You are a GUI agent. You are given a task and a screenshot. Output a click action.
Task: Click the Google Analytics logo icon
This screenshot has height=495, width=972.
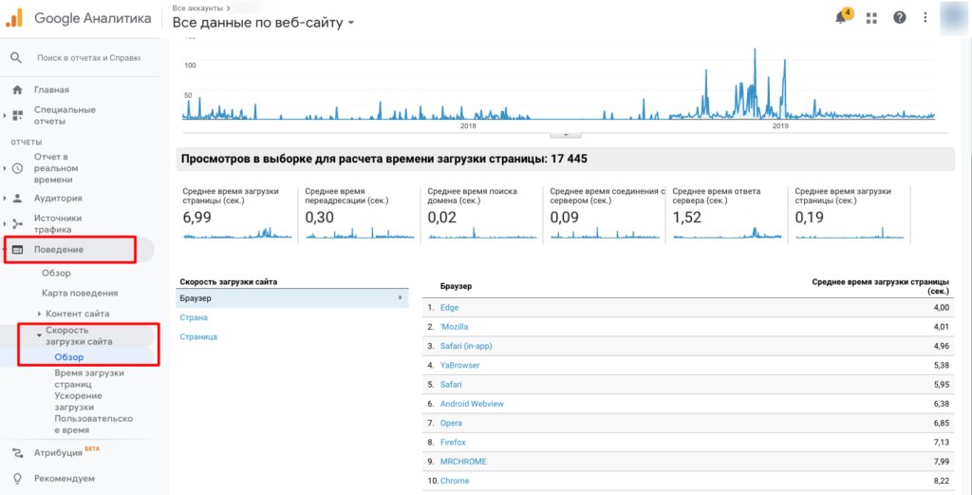tap(15, 17)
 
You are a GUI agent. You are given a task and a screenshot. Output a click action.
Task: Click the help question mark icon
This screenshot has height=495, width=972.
tap(899, 17)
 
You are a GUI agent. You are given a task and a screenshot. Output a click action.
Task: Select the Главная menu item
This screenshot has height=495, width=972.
tap(51, 89)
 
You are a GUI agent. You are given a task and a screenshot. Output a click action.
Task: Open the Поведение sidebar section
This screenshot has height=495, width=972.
tap(59, 249)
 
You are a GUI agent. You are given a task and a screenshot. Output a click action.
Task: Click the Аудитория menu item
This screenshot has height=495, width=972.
tap(58, 198)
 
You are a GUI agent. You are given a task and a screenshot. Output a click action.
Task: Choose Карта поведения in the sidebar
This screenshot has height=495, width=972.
tap(80, 293)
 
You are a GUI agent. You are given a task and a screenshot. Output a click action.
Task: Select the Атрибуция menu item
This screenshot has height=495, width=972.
tap(58, 452)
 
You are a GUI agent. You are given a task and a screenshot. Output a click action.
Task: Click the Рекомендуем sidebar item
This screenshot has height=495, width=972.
tap(64, 478)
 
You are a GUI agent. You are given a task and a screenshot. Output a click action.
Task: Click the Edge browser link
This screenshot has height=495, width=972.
tap(449, 308)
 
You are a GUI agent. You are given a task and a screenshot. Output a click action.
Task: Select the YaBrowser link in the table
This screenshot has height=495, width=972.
tap(459, 365)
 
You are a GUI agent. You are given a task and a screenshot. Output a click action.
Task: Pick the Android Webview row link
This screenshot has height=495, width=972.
tap(472, 404)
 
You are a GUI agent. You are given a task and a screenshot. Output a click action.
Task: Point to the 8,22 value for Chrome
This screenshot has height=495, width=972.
tap(939, 481)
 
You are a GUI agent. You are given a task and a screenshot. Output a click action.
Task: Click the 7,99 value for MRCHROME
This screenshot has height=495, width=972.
tap(939, 462)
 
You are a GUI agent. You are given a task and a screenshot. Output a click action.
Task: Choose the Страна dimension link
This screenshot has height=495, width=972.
tap(194, 317)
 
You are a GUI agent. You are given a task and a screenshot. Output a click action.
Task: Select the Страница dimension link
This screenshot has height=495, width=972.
tap(198, 336)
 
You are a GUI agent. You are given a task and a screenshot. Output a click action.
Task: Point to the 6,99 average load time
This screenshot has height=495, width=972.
tap(196, 218)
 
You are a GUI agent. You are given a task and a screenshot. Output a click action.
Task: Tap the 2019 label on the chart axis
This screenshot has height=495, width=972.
tap(780, 125)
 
